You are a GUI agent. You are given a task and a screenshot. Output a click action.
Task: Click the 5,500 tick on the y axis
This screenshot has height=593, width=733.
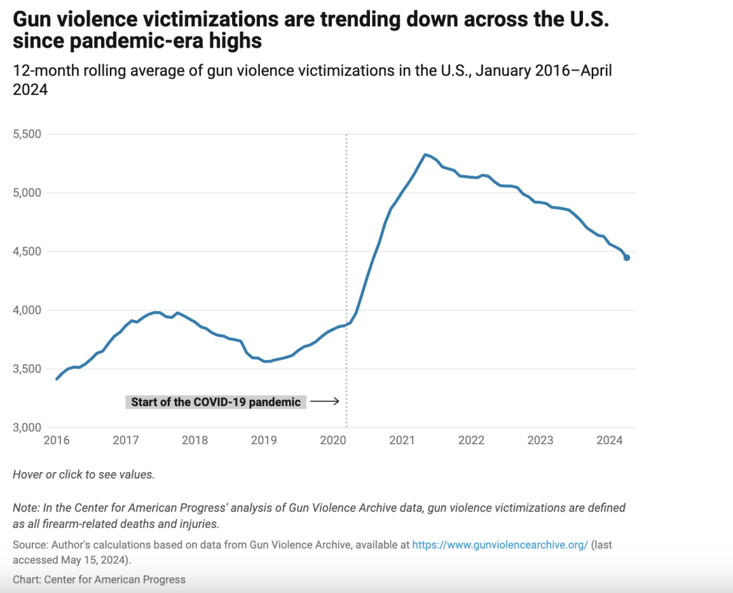[27, 134]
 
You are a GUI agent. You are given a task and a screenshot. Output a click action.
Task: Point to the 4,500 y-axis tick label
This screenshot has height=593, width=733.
[27, 251]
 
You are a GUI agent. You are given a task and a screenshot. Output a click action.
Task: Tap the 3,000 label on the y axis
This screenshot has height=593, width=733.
[27, 427]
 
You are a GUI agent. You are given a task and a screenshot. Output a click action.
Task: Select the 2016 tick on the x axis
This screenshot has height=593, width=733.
[56, 440]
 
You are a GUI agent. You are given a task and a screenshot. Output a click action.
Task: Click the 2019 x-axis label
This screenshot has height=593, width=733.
[264, 440]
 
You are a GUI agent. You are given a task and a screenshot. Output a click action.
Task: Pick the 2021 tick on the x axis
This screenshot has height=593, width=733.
[402, 440]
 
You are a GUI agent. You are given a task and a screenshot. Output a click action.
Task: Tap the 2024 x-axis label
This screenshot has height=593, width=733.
[609, 440]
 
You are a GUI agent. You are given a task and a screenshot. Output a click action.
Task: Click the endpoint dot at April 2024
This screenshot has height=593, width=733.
[627, 257]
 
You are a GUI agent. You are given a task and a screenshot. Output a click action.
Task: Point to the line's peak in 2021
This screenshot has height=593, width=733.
[425, 155]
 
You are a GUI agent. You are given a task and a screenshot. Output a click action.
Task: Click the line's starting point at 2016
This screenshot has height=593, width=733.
[57, 378]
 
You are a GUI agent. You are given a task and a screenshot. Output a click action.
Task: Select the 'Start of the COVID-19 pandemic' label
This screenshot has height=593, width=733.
[216, 402]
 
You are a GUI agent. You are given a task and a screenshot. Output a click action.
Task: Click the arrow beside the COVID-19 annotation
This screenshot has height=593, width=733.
[324, 402]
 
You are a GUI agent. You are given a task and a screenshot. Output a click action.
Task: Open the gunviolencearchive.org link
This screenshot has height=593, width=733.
[500, 545]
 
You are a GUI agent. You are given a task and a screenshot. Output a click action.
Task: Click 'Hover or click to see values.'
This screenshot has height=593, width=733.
[83, 475]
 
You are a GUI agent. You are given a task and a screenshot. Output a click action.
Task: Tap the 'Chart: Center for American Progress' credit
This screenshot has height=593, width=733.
[99, 579]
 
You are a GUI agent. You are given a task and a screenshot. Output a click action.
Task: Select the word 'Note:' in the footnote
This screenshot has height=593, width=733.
[28, 508]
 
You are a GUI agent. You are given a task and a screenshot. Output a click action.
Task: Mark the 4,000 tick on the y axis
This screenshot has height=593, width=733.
[27, 310]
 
